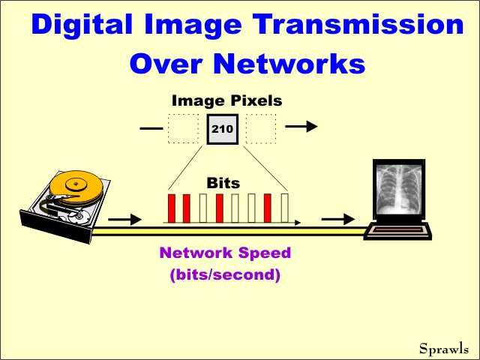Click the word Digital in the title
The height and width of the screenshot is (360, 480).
pos(82,25)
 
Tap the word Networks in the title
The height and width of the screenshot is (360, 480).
pos(289,63)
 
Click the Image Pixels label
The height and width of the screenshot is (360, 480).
pos(226,101)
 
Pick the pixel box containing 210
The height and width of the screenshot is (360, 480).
pos(223,129)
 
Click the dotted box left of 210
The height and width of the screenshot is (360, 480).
pos(183,129)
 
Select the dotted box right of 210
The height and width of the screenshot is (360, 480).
pos(261,129)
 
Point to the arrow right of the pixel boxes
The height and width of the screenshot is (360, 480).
pos(301,126)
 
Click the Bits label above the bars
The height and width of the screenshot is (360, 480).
pos(223,183)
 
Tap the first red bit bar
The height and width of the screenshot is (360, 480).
pos(172,208)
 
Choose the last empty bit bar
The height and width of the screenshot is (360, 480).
pos(285,208)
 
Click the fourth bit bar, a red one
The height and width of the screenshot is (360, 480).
pos(220,208)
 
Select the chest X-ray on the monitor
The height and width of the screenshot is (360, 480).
pos(397,189)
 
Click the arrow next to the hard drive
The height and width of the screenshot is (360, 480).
pos(125,219)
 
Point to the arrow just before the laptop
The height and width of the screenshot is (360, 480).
pos(338,219)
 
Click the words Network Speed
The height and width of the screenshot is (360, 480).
pos(225,253)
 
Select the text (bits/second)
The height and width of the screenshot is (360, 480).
pos(225,274)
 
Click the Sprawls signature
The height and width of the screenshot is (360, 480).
pos(444,349)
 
